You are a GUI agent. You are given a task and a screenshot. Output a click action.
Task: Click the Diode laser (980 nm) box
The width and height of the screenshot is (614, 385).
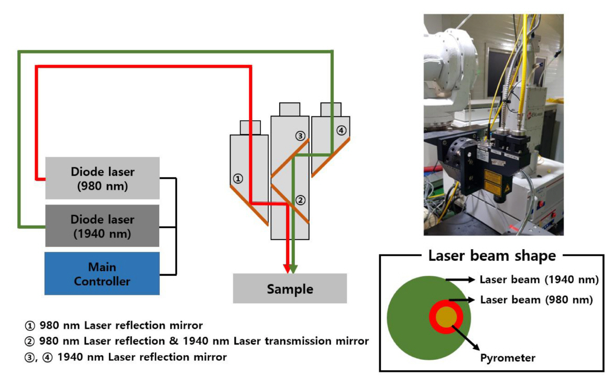[x=102, y=178]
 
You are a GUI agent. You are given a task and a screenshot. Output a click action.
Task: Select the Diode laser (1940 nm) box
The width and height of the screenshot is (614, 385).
[x=102, y=226]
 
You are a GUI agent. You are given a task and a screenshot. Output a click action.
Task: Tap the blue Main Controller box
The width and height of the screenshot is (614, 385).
[x=102, y=273]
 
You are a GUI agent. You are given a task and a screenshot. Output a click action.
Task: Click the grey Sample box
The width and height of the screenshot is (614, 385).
[x=290, y=288]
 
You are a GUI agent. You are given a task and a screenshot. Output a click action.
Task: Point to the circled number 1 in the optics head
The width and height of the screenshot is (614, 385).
[x=238, y=179]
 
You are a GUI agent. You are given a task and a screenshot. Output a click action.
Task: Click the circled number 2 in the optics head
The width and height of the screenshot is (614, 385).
[x=300, y=199]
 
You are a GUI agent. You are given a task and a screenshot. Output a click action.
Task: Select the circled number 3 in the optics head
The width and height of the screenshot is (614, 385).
[x=300, y=136]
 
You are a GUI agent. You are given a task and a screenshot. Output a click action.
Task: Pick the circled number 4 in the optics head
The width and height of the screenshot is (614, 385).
[x=342, y=130]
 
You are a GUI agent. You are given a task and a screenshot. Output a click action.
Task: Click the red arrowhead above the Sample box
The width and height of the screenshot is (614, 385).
[x=287, y=268]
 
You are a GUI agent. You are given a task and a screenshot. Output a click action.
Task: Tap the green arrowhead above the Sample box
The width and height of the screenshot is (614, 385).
[x=293, y=268]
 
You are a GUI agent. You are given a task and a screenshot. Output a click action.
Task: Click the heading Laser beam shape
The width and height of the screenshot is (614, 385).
[x=491, y=256]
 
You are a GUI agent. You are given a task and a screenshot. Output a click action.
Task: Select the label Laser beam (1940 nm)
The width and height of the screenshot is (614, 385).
[x=539, y=280]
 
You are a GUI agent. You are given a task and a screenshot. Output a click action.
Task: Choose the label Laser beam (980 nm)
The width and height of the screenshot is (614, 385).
[x=536, y=300]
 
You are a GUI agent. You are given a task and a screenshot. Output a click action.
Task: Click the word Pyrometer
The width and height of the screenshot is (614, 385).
[x=508, y=358]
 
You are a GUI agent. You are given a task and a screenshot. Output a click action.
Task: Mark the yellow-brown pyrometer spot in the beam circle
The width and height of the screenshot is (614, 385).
[x=446, y=317]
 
